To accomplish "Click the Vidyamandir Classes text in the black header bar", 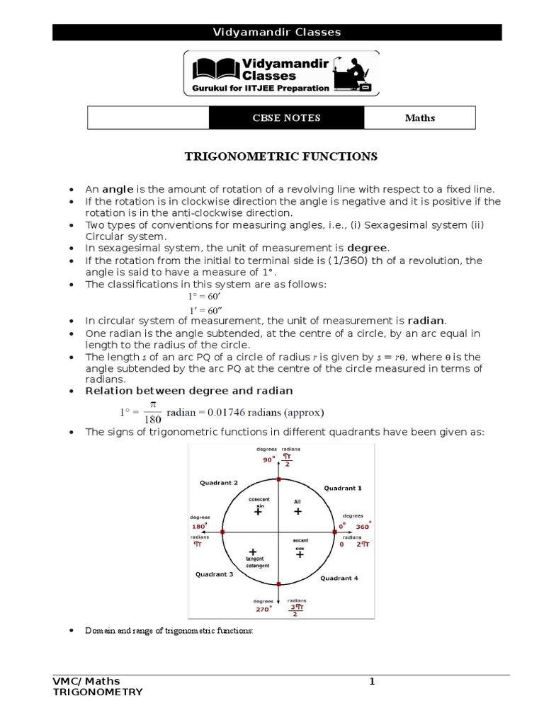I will click(277, 32).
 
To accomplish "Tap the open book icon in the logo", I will click(214, 69).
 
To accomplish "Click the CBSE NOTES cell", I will click(286, 118).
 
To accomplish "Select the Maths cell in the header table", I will click(419, 118).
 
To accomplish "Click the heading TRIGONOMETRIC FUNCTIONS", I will click(281, 156).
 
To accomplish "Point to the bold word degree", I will click(368, 248).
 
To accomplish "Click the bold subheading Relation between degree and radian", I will click(189, 391).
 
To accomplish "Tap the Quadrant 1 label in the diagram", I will click(343, 488).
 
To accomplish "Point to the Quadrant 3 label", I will click(214, 574).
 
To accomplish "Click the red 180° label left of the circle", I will click(198, 527).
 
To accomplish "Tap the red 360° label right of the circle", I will click(363, 527).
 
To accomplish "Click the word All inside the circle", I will click(297, 501).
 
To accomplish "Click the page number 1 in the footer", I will click(370, 681).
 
